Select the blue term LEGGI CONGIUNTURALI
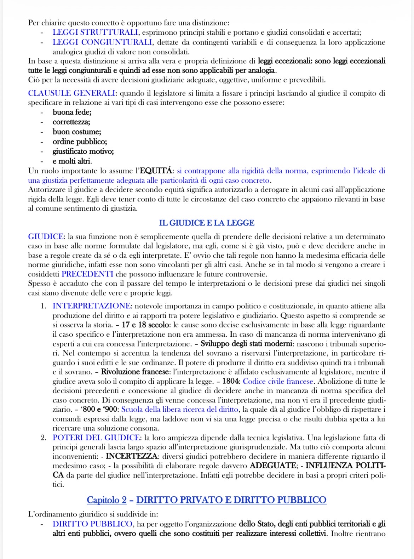pyautogui.click(x=103, y=42)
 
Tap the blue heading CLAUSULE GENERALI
pyautogui.click(x=71, y=93)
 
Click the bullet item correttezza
pyautogui.click(x=71, y=122)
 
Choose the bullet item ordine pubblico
pyautogui.click(x=80, y=142)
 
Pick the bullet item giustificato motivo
pyautogui.click(x=83, y=152)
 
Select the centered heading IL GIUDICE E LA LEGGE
pyautogui.click(x=207, y=223)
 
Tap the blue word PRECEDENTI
pyautogui.click(x=87, y=274)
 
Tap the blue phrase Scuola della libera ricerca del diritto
pyautogui.click(x=180, y=409)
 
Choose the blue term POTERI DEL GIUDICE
pyautogui.click(x=97, y=438)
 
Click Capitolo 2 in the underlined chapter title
pyautogui.click(x=107, y=500)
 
